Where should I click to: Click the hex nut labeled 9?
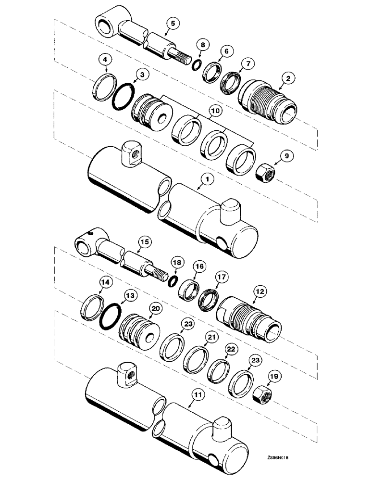pos(263,173)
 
